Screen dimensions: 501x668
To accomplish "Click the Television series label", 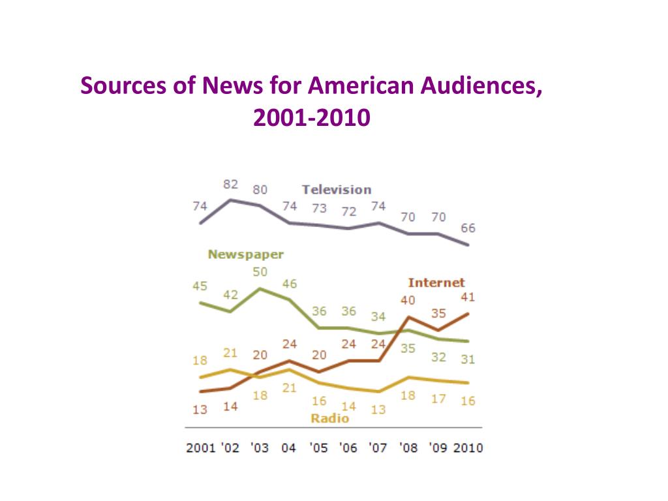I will click(336, 190).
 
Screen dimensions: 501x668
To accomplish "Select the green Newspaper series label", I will click(245, 255).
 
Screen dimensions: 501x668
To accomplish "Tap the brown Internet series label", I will click(436, 282).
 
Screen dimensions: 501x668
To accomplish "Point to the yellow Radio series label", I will click(329, 419).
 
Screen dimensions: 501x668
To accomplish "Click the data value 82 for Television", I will click(230, 185).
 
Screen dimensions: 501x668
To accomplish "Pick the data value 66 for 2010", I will click(468, 228).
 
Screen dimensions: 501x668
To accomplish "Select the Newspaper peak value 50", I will click(260, 271).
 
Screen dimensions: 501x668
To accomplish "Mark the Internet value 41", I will click(468, 297).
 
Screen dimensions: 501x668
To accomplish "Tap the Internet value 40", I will click(408, 301).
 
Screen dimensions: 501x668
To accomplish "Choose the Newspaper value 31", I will click(468, 359).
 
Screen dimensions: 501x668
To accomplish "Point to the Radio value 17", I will click(438, 399).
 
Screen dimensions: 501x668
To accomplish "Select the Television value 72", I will click(349, 212).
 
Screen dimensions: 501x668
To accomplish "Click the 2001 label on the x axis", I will click(200, 448).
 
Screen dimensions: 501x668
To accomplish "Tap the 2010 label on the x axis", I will click(467, 448).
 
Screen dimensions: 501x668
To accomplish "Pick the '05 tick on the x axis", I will click(318, 448).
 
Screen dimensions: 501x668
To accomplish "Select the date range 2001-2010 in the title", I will click(312, 117).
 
